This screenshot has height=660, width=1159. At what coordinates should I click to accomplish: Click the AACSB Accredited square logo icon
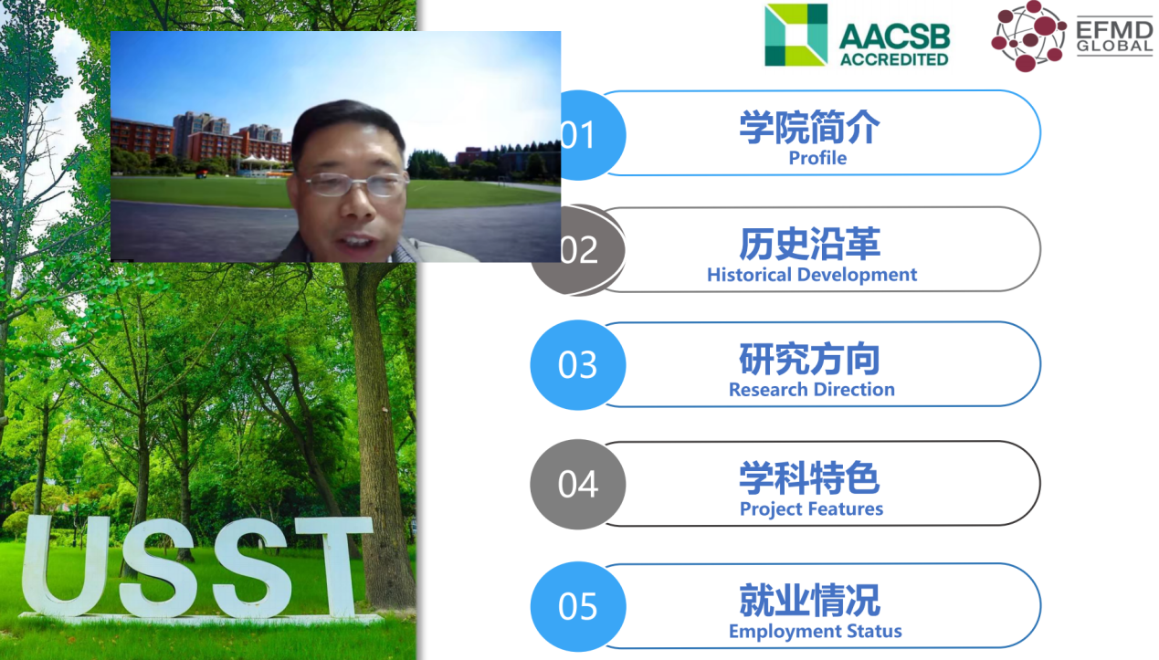(x=795, y=36)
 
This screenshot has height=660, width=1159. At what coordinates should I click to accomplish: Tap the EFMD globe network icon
(x=1028, y=36)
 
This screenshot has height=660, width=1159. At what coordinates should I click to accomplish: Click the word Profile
(x=817, y=158)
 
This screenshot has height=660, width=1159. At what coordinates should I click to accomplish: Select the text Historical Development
(x=812, y=275)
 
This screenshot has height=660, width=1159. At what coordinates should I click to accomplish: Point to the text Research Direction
(x=812, y=390)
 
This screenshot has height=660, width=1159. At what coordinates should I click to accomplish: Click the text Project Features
(x=811, y=509)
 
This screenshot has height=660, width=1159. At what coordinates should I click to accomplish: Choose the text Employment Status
(x=815, y=632)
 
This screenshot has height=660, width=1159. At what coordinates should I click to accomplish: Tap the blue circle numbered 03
(x=578, y=364)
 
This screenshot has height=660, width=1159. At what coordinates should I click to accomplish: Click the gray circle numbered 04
(x=578, y=484)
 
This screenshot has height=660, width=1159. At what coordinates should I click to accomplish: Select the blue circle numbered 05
(x=578, y=606)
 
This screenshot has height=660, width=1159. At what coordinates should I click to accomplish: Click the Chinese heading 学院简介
(x=810, y=127)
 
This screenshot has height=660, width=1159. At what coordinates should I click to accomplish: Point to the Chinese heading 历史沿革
(x=810, y=244)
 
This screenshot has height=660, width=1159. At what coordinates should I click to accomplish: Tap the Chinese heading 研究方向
(x=810, y=359)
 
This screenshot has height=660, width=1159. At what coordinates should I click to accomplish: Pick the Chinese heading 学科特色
(x=810, y=478)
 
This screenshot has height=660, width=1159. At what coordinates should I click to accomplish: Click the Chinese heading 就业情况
(x=810, y=600)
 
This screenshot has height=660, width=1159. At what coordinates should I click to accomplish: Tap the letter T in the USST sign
(x=336, y=566)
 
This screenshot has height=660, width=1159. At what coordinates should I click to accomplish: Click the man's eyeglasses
(x=355, y=183)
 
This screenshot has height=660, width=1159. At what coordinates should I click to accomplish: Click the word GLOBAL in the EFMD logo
(x=1114, y=46)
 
